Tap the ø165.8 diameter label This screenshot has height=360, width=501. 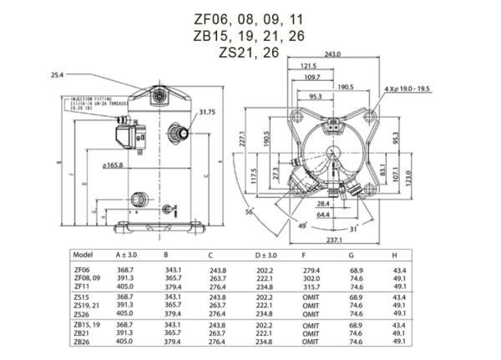(x=113, y=165)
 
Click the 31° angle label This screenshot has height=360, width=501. (x=353, y=228)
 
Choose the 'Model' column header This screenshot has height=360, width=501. (x=84, y=254)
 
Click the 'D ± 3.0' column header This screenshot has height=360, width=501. (x=266, y=254)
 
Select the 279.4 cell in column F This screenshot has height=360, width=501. (x=311, y=270)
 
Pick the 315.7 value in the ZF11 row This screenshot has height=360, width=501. (x=311, y=286)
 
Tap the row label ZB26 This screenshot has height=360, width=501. (x=83, y=341)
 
